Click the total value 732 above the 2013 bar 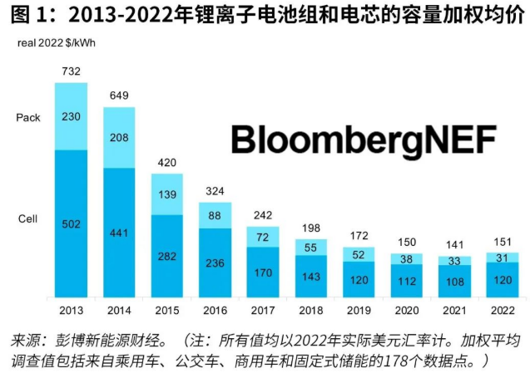coord(71,73)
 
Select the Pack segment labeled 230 coord(71,116)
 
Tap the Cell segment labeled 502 coord(71,222)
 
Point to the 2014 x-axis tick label coord(118,309)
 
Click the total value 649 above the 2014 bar coord(118,96)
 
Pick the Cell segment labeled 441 coord(118,233)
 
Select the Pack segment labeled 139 coord(166,194)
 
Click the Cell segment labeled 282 coord(166,255)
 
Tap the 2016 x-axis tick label coord(215,309)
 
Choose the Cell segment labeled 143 coord(311,277)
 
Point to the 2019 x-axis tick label coord(359,309)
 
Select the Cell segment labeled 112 coord(407,280)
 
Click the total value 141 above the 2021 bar coord(455,244)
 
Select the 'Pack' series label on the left coord(28,117)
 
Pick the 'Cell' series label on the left coord(27,219)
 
